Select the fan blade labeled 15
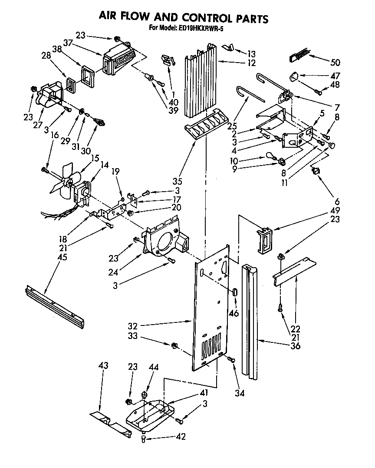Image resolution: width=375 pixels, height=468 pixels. [65, 178]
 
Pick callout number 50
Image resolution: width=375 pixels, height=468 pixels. [347, 62]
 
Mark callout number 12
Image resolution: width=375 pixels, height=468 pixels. [251, 63]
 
